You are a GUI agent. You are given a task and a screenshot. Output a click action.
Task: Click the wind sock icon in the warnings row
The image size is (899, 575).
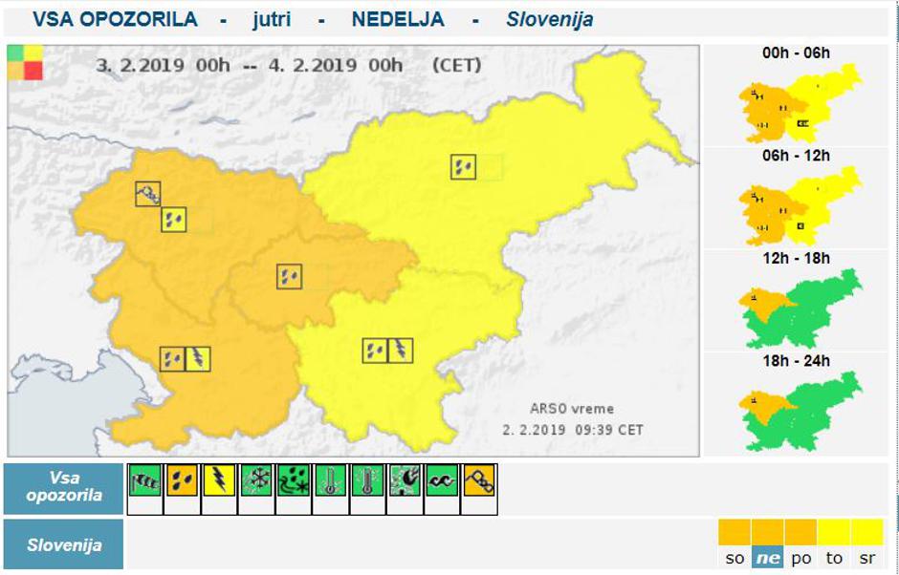pyautogui.click(x=144, y=479)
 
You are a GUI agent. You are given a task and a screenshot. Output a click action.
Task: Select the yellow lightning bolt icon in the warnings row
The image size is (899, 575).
pyautogui.click(x=219, y=479)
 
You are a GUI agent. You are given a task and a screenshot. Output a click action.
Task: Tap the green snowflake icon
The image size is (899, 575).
pyautogui.click(x=256, y=479)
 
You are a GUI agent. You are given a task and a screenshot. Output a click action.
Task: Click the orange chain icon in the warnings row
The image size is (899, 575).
pyautogui.click(x=479, y=479)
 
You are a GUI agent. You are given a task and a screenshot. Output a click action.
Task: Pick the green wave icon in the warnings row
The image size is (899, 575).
pyautogui.click(x=442, y=479)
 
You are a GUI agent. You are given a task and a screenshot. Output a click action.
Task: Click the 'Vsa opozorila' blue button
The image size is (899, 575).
pyautogui.click(x=64, y=488)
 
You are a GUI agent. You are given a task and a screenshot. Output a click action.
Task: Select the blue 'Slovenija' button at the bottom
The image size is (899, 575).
pyautogui.click(x=64, y=545)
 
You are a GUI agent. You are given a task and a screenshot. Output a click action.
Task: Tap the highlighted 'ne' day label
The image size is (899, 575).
pyautogui.click(x=767, y=558)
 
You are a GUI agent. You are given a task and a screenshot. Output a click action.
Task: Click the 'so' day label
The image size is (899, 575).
pyautogui.click(x=735, y=558)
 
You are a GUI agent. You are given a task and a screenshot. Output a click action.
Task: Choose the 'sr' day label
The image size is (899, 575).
pyautogui.click(x=866, y=558)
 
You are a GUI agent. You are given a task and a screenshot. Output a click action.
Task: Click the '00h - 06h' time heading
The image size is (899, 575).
pyautogui.click(x=796, y=53)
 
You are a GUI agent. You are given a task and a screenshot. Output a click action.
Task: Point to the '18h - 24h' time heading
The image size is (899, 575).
pyautogui.click(x=796, y=361)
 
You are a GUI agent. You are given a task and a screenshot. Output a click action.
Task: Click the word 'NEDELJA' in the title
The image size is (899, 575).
pyautogui.click(x=397, y=19)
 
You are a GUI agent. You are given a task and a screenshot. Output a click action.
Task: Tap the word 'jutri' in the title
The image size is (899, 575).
pyautogui.click(x=272, y=19)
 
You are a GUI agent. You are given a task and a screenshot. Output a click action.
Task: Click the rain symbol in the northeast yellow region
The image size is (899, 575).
pyautogui.click(x=464, y=167)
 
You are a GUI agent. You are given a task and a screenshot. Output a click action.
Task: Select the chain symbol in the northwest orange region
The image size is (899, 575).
pyautogui.click(x=148, y=194)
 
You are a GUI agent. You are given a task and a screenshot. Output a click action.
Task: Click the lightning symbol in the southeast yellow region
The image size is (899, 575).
pyautogui.click(x=401, y=351)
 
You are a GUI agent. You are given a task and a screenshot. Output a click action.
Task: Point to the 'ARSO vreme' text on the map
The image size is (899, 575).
pyautogui.click(x=572, y=409)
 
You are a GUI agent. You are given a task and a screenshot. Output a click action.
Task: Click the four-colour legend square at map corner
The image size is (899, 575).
pyautogui.click(x=25, y=62)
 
